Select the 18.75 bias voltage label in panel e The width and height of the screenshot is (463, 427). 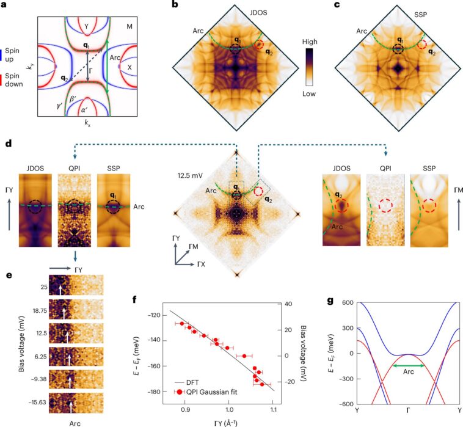click(x=28, y=311)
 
